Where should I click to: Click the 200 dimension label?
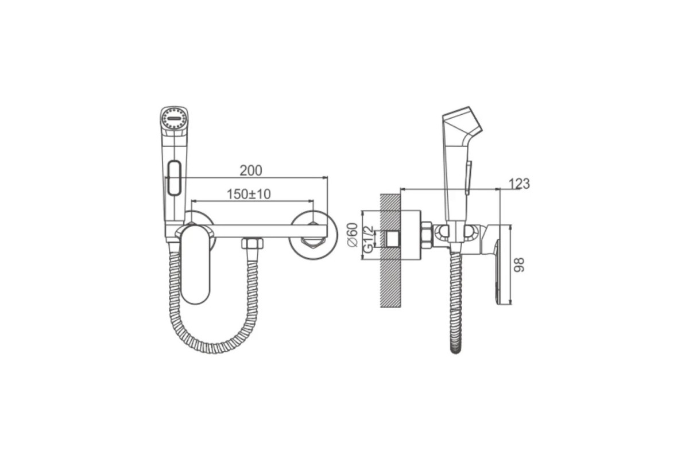(x=251, y=170)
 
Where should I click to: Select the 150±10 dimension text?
(x=249, y=194)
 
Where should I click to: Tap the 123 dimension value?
(x=519, y=184)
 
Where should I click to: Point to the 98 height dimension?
(x=519, y=264)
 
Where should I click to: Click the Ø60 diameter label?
(x=353, y=235)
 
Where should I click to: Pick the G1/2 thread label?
(x=368, y=239)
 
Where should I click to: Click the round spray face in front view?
(x=174, y=118)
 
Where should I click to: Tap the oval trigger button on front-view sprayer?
(x=174, y=178)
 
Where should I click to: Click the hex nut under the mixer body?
(x=252, y=243)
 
